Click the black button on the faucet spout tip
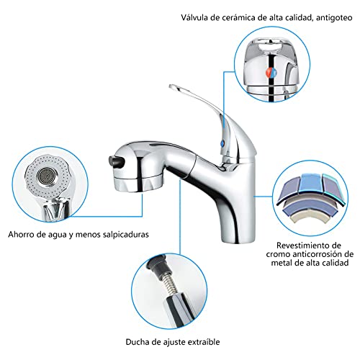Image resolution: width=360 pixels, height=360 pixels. (117, 161)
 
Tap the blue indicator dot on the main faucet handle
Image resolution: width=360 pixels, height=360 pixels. (222, 143)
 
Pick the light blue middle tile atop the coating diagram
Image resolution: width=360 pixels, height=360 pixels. (311, 183)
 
